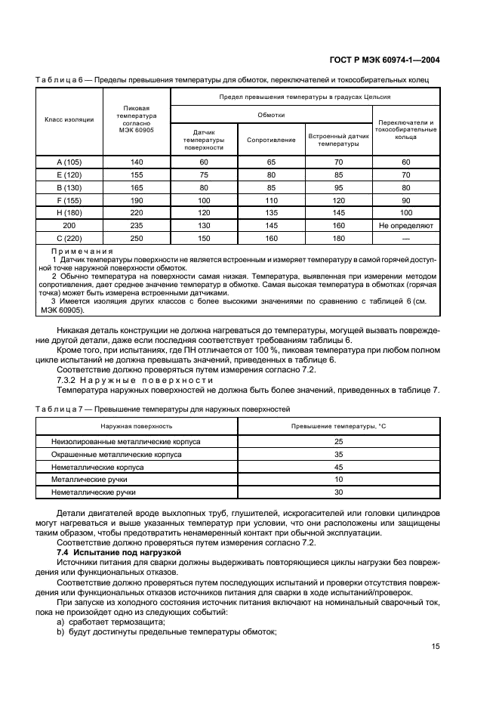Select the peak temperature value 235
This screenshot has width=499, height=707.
pyautogui.click(x=136, y=226)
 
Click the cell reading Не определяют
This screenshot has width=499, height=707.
pyautogui.click(x=406, y=226)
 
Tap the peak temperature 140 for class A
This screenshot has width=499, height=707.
pyautogui.click(x=136, y=162)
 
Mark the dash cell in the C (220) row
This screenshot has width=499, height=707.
pyautogui.click(x=406, y=239)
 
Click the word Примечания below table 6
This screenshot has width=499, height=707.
pyautogui.click(x=82, y=251)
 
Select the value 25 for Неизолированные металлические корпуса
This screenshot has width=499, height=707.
pyautogui.click(x=338, y=441)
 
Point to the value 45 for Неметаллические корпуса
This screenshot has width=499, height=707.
pyautogui.click(x=338, y=467)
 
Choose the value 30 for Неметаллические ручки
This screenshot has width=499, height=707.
pyautogui.click(x=338, y=492)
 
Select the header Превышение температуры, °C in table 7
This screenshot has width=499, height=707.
pyautogui.click(x=338, y=427)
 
